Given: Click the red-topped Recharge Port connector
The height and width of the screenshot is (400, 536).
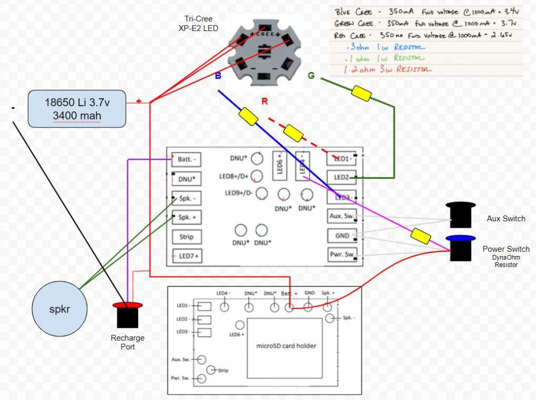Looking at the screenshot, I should (x=127, y=316).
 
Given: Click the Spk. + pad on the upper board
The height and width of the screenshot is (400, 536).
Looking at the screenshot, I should (x=184, y=217).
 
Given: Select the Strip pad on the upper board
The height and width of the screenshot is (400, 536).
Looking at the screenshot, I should (x=183, y=236).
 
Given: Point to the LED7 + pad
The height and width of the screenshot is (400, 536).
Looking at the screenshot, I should (x=183, y=256).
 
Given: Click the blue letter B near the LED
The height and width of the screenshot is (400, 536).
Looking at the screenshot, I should (x=218, y=76).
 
